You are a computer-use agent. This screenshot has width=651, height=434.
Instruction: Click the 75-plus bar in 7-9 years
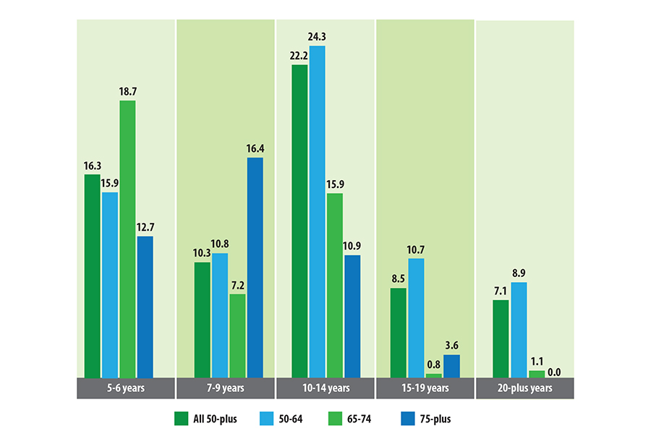click(x=255, y=267)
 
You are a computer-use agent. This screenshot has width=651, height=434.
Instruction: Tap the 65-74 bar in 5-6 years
click(x=127, y=239)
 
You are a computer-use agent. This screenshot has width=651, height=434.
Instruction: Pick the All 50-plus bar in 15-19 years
click(x=399, y=333)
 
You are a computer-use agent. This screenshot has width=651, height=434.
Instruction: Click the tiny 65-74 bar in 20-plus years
click(x=537, y=374)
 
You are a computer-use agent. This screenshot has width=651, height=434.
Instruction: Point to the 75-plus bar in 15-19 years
click(x=451, y=366)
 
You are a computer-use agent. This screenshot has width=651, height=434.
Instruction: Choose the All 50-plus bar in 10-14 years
click(x=299, y=221)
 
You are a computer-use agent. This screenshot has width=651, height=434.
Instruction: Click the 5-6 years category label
click(x=126, y=388)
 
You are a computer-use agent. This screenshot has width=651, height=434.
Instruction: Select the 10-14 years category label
click(x=325, y=388)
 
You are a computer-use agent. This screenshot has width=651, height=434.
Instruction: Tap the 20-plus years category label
click(x=525, y=388)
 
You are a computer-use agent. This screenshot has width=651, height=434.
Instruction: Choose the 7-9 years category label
click(x=226, y=388)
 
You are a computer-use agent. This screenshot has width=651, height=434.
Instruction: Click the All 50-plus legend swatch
click(x=181, y=418)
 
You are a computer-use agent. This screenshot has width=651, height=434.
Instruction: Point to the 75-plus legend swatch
click(x=407, y=418)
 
